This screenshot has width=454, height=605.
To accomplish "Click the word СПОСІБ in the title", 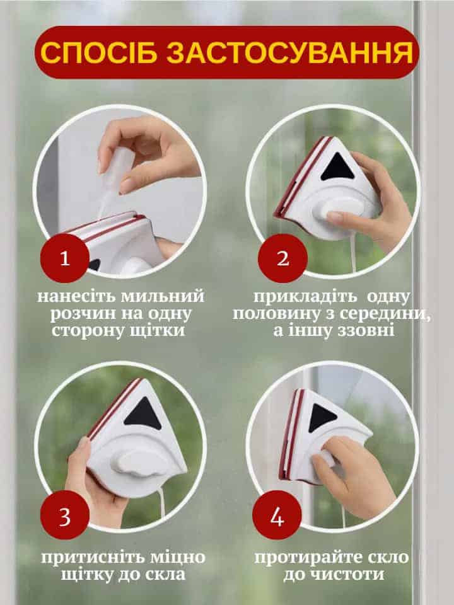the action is click(x=99, y=52).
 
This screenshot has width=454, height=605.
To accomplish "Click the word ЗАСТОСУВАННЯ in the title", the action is click(x=290, y=52).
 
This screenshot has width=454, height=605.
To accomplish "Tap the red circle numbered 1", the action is click(x=65, y=258).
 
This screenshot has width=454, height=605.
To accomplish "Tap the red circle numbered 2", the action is click(x=282, y=258).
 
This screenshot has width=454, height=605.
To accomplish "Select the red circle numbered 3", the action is click(x=65, y=515).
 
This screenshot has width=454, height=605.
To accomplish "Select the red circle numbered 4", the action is click(x=277, y=515).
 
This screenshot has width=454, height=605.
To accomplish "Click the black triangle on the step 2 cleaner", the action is click(x=338, y=168).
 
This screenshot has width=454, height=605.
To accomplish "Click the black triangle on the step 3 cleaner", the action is click(x=143, y=415).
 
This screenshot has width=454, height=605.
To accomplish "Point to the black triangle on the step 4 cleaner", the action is click(x=321, y=417).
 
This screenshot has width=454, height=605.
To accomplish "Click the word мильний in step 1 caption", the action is click(x=162, y=296).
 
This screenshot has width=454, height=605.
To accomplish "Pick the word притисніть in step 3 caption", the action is click(x=93, y=558).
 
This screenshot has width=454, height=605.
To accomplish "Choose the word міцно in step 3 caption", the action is click(x=178, y=558).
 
